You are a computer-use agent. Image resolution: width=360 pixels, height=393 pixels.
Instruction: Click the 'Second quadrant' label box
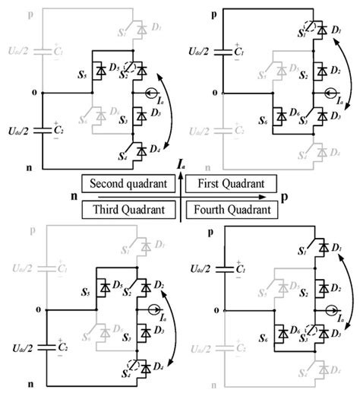coord(127,184)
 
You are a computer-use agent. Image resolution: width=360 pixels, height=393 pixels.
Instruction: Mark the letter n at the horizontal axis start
coord(74,196)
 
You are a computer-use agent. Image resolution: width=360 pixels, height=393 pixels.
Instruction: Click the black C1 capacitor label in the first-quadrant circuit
coord(238,54)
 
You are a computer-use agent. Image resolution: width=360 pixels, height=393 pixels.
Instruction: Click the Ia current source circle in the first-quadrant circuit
coord(327,96)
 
